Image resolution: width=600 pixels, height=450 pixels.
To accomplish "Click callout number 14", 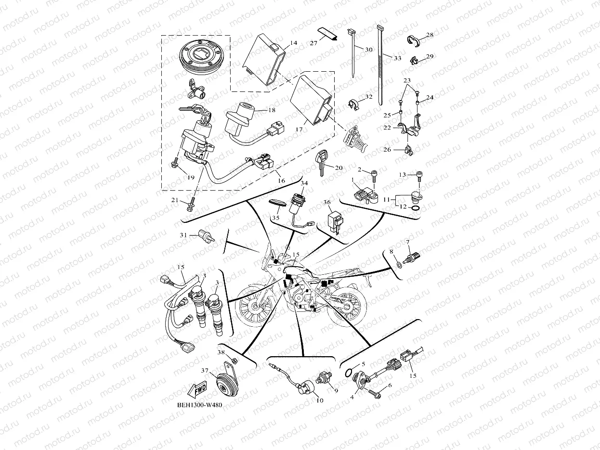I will (293, 43).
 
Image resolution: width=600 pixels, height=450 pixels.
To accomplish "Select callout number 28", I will (430, 35).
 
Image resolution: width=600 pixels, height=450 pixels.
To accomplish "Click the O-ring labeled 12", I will (415, 207).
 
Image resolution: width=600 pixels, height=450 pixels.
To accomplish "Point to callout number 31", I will (183, 234).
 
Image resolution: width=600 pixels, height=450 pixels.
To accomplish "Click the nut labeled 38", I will (234, 360).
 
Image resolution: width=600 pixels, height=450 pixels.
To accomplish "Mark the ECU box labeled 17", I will (312, 101).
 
